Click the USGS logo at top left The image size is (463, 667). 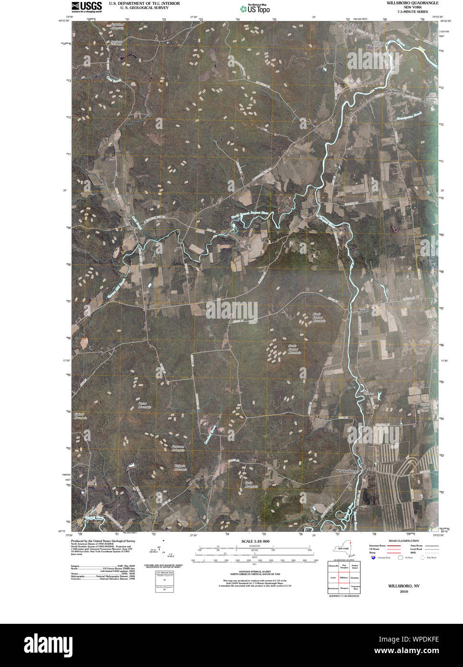click(x=87, y=6)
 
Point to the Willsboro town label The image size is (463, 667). click(x=396, y=91)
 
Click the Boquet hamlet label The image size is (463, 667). click(x=363, y=310)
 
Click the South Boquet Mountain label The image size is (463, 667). click(x=294, y=349)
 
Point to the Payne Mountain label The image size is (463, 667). click(x=142, y=405)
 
